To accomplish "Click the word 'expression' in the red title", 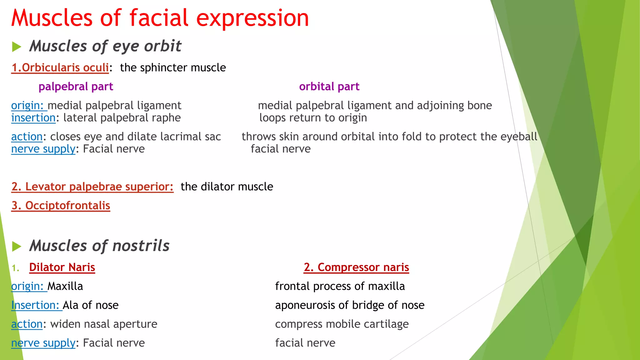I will [x=252, y=18].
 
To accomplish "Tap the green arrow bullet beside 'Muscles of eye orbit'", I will [x=16, y=47].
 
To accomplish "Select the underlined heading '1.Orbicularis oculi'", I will [x=60, y=67].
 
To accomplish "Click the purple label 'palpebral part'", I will [x=76, y=87].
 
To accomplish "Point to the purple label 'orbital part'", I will [x=329, y=87].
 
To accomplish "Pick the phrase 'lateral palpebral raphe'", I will [x=122, y=118].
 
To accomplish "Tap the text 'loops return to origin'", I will [x=313, y=118].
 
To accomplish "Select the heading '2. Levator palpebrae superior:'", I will [x=92, y=187].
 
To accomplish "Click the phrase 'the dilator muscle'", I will [x=227, y=187].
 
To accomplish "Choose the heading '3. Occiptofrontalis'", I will [x=61, y=206].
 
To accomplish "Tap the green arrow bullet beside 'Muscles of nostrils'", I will [x=16, y=247].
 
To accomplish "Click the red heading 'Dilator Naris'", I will [x=62, y=267].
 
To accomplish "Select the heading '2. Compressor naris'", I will [x=356, y=267].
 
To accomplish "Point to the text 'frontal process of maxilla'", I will [x=340, y=286].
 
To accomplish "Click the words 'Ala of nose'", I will [x=91, y=305].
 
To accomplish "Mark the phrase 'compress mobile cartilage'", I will [x=342, y=324].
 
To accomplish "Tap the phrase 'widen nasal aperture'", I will [x=104, y=324].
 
